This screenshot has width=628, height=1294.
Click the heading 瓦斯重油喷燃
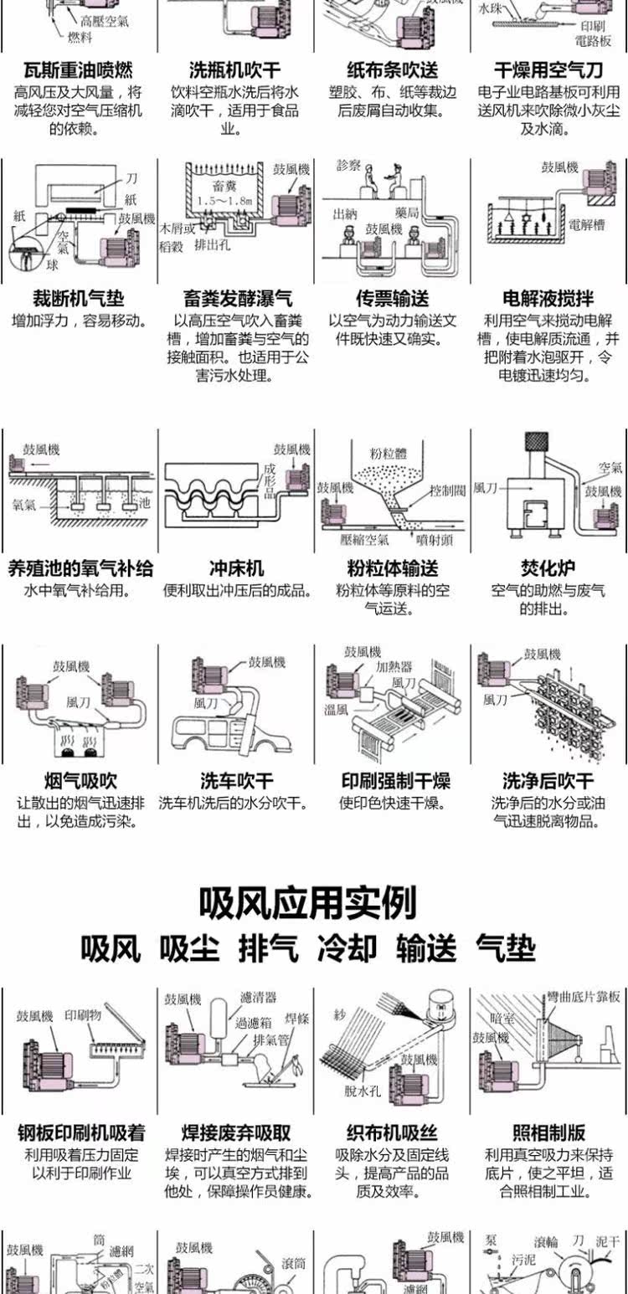click(x=78, y=70)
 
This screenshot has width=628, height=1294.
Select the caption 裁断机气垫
click(x=78, y=298)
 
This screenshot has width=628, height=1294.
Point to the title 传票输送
click(x=392, y=298)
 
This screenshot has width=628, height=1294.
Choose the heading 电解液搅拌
click(x=548, y=298)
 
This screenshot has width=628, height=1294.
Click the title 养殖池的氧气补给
click(x=80, y=569)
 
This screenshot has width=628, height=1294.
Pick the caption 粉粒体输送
click(x=392, y=569)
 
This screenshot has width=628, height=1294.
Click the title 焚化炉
click(x=548, y=569)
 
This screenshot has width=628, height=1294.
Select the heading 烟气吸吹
click(x=80, y=782)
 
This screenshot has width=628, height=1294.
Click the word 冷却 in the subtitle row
click(x=347, y=948)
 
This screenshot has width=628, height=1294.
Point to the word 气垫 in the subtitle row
click(x=505, y=948)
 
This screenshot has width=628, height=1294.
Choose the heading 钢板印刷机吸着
click(x=81, y=1133)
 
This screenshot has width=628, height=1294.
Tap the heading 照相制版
click(x=548, y=1133)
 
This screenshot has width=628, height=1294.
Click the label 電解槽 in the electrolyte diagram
click(x=586, y=224)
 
